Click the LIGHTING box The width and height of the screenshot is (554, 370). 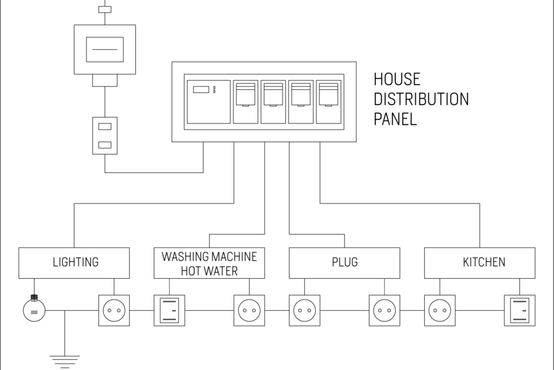(74, 263)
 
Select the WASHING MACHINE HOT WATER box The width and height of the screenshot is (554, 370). (209, 263)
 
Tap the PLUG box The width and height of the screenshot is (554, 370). (344, 263)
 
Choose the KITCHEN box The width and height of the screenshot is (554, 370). (480, 263)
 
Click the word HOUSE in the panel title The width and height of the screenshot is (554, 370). (397, 79)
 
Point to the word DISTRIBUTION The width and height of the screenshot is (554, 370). (421, 99)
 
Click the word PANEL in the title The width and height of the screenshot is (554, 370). (395, 119)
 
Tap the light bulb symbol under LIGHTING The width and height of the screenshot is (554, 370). (34, 310)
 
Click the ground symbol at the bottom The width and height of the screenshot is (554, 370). (64, 360)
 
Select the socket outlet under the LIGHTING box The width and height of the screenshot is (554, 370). (114, 310)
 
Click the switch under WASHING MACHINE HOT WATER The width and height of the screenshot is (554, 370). (169, 310)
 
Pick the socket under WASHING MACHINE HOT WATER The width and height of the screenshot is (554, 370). (249, 310)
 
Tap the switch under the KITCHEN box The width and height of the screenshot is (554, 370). (519, 310)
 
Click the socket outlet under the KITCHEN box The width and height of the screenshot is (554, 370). (440, 310)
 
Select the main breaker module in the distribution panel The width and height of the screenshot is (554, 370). (208, 101)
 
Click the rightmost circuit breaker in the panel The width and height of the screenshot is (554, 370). (329, 101)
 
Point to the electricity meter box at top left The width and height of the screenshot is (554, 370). (105, 50)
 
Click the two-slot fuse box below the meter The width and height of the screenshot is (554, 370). (105, 135)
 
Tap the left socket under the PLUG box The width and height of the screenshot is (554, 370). (304, 310)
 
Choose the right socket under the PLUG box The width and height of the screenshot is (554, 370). (384, 310)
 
